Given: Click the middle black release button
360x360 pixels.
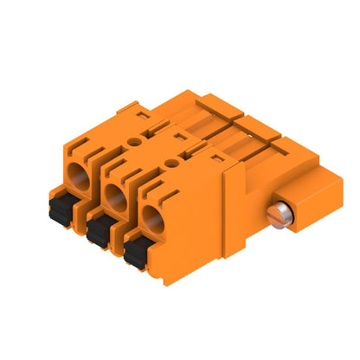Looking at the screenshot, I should pos(99,227).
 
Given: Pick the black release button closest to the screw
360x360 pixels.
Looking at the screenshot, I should pos(135,252).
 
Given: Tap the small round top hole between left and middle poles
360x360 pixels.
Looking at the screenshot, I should pos(134,138).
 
